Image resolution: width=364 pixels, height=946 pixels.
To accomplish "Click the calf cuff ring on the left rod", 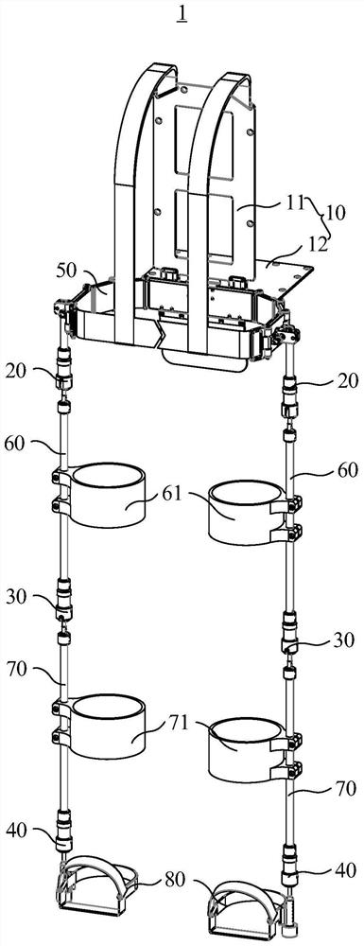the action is tap(107, 727).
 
